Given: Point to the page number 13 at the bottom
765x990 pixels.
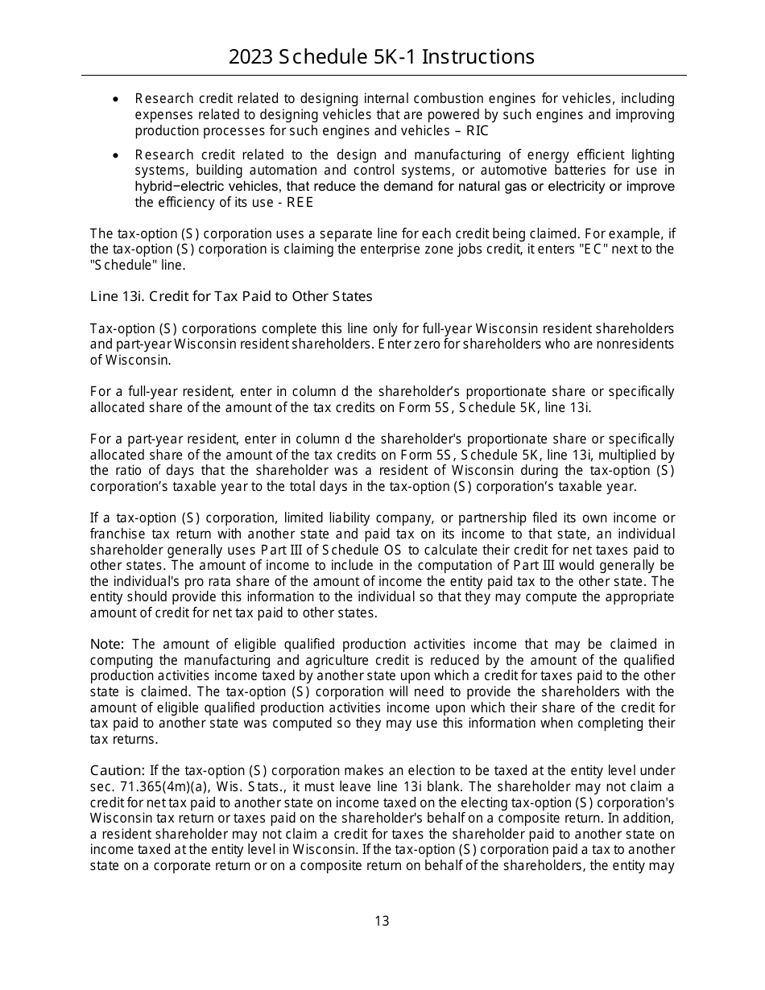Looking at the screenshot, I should [x=382, y=921].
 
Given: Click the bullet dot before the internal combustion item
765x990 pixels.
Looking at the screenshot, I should [x=117, y=99].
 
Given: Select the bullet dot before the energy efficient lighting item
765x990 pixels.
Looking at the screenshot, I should [x=117, y=155].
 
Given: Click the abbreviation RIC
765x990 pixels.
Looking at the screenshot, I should [x=477, y=130].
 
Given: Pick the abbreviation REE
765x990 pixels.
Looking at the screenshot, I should [x=300, y=202].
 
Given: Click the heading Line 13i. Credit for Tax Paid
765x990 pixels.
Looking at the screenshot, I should [x=231, y=296].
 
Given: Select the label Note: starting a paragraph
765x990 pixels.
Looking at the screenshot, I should [x=107, y=644].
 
